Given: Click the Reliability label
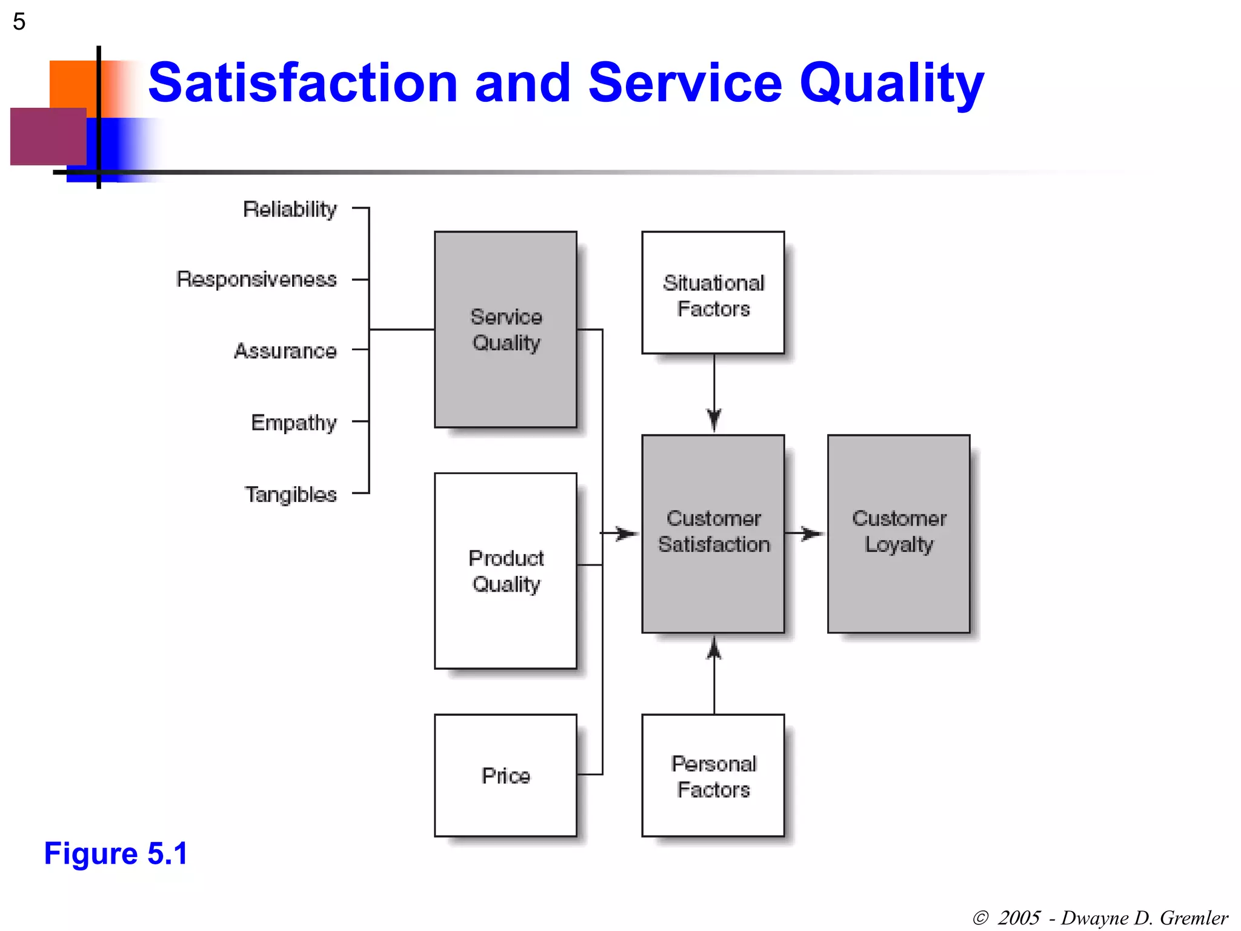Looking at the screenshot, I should tap(290, 209).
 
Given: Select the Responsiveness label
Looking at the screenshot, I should tap(256, 279).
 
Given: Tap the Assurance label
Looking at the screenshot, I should tap(285, 351).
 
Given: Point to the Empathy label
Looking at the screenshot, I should tap(294, 422).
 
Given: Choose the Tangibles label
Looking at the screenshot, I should tap(291, 495).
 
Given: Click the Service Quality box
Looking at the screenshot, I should tap(505, 329).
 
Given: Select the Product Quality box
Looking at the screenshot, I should tap(505, 570).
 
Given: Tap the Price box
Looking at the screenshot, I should tap(505, 775).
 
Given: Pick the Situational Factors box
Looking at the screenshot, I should tap(713, 293).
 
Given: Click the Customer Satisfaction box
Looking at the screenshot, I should tap(713, 533).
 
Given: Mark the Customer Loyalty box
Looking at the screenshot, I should tap(899, 533).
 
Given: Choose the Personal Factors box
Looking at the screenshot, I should tap(713, 775).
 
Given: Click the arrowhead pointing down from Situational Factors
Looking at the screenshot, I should tap(714, 420).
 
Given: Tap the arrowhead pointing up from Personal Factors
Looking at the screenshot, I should tap(714, 648).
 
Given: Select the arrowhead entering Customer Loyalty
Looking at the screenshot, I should tap(813, 533).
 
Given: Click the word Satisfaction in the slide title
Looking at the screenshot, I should tap(303, 82).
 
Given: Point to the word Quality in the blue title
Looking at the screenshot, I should tap(891, 82).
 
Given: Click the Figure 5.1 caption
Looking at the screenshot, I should tap(116, 853).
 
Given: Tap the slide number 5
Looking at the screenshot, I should tap(19, 22).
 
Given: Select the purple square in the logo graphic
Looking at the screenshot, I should tap(48, 136).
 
